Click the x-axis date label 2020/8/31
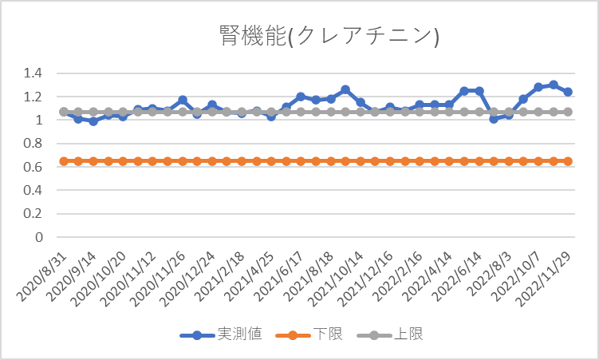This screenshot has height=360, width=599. pyautogui.click(x=41, y=276)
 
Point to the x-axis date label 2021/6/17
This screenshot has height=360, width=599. pyautogui.click(x=278, y=276)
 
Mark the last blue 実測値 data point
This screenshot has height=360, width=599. pyautogui.click(x=568, y=92)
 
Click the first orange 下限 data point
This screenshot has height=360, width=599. pyautogui.click(x=63, y=161)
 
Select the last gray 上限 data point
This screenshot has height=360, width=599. pyautogui.click(x=568, y=112)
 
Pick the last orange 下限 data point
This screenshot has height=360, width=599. pyautogui.click(x=568, y=161)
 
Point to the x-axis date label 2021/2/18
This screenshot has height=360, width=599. pyautogui.click(x=219, y=276)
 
